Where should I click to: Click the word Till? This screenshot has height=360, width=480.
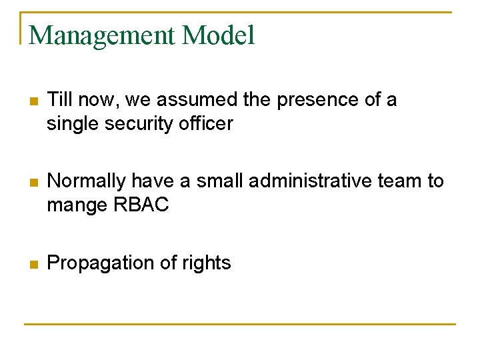[x=60, y=100]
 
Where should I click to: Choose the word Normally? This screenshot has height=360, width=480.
[x=87, y=181]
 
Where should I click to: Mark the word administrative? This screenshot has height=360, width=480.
[x=308, y=181]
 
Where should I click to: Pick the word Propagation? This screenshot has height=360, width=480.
[x=100, y=263]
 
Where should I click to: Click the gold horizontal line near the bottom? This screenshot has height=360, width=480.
[x=240, y=325]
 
